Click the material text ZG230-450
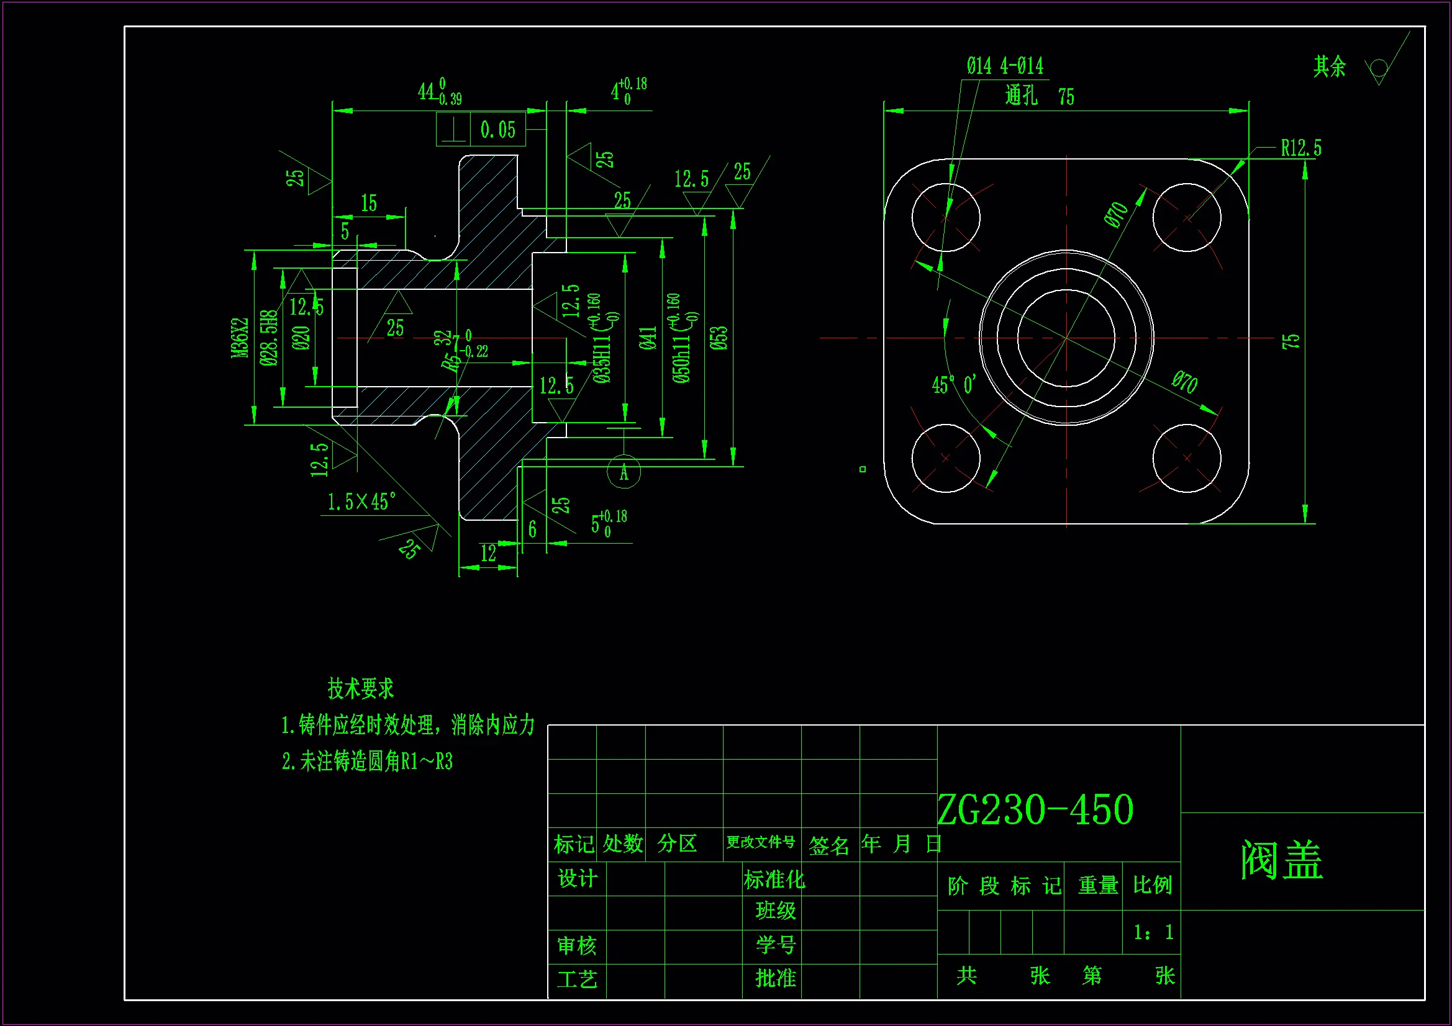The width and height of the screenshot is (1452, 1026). (1035, 810)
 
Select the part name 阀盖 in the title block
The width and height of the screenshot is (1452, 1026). (1281, 860)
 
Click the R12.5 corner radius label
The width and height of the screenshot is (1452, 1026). (1300, 148)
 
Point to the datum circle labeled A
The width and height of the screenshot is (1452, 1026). (624, 472)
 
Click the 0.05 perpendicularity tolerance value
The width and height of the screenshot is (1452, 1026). (497, 130)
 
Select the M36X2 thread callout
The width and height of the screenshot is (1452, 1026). (240, 338)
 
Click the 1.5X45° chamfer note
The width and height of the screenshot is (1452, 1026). (361, 503)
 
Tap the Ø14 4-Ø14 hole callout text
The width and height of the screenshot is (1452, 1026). (1004, 66)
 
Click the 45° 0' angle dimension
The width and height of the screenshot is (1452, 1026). (954, 385)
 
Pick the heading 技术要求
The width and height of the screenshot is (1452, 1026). (360, 688)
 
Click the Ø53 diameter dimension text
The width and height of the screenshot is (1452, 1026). (719, 338)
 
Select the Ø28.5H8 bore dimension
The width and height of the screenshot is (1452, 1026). (268, 338)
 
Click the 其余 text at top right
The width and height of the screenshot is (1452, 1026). (1329, 67)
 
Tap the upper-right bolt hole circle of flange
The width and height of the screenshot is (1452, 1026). (1186, 217)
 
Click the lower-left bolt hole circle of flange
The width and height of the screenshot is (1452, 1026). (945, 457)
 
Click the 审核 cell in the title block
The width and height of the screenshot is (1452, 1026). (576, 946)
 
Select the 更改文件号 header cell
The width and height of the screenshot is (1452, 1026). (761, 843)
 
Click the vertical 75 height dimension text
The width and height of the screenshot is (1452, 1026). (1290, 341)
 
